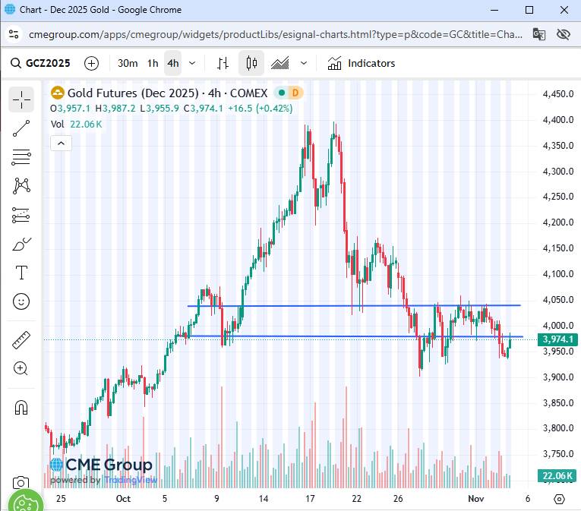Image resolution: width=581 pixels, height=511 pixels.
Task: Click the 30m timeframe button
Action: pyautogui.click(x=128, y=63)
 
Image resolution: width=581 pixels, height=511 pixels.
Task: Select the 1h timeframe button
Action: pyautogui.click(x=153, y=63)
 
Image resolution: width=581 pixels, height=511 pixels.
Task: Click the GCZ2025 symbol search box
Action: pyautogui.click(x=43, y=63)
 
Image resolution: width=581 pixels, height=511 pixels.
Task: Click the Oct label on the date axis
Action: pyautogui.click(x=123, y=499)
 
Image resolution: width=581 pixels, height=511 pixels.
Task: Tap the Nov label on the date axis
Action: pyautogui.click(x=476, y=499)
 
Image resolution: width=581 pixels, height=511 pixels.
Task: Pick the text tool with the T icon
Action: pyautogui.click(x=21, y=273)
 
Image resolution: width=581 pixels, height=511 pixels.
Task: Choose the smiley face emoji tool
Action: pyautogui.click(x=21, y=301)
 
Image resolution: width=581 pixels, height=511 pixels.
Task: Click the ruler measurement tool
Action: pyautogui.click(x=21, y=340)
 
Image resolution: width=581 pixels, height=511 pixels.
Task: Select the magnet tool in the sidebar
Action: pyautogui.click(x=21, y=407)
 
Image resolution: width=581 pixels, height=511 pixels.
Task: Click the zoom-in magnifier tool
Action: pyautogui.click(x=21, y=369)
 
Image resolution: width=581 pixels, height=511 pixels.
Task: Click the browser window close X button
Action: pyautogui.click(x=563, y=10)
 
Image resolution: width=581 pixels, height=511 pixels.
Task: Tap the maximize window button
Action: pyautogui.click(x=529, y=10)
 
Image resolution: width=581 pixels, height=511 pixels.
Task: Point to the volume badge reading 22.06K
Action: pyautogui.click(x=557, y=476)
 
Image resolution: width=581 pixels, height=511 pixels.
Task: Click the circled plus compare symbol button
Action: pyautogui.click(x=92, y=63)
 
